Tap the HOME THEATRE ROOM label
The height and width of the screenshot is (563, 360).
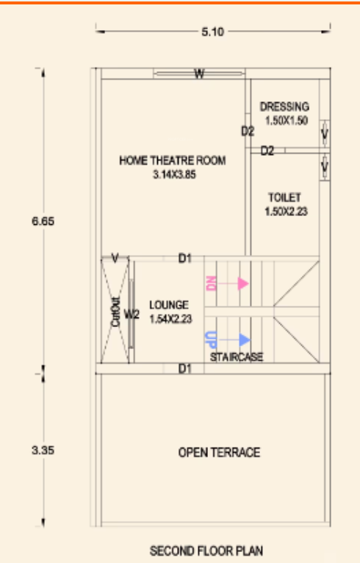point(173,160)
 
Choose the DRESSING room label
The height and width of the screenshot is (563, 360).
point(284,107)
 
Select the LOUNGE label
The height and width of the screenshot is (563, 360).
point(169,304)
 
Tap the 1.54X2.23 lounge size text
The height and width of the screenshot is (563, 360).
point(170,318)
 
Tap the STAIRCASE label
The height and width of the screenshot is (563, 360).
point(237,357)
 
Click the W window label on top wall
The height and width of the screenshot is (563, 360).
point(199,73)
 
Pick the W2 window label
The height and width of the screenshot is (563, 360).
point(132,315)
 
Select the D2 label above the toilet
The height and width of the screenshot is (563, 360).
point(267,151)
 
